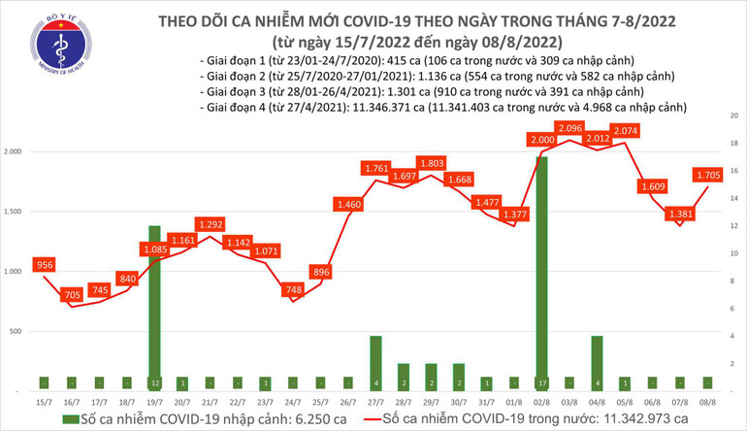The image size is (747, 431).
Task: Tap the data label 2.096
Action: pyautogui.click(x=570, y=128)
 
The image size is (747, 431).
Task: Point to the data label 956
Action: pyautogui.click(x=45, y=264)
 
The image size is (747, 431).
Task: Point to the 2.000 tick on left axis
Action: pyautogui.click(x=16, y=152)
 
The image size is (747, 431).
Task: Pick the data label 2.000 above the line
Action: pyautogui.click(x=541, y=141)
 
